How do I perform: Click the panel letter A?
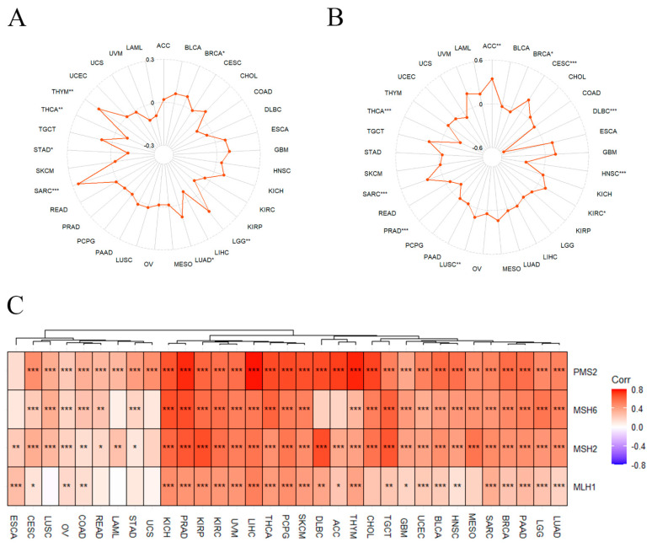click(x=15, y=19)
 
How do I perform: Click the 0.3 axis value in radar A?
click(x=149, y=60)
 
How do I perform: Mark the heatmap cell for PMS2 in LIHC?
click(x=254, y=370)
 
